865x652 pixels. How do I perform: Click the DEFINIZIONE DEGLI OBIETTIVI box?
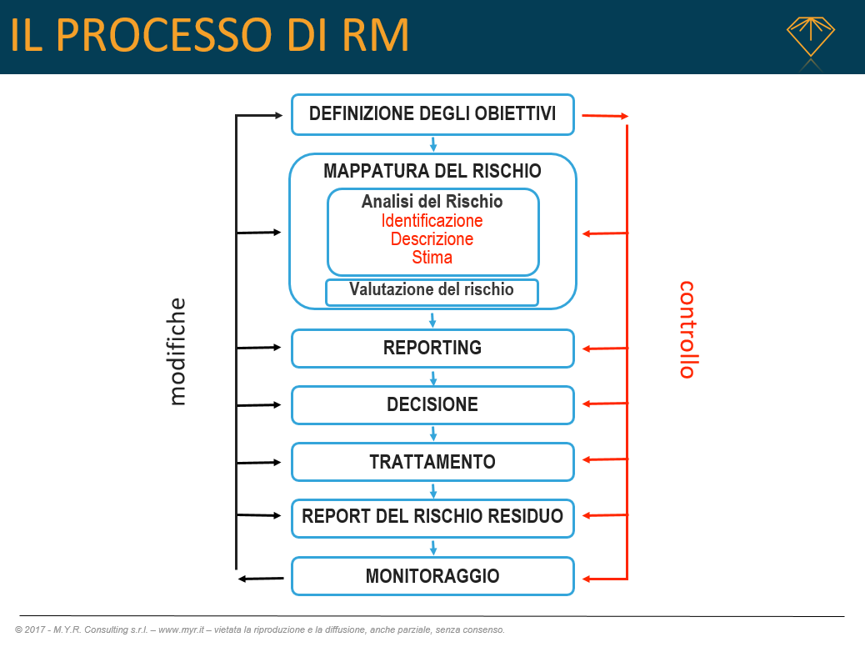coord(432,114)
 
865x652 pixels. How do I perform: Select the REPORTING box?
coord(432,349)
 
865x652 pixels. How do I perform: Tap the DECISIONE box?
coord(432,405)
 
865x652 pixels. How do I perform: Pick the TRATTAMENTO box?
coord(432,462)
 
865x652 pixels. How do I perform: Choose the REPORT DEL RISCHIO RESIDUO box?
coord(432,516)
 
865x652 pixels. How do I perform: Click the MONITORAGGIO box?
coord(432,576)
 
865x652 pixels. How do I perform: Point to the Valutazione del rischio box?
coord(432,291)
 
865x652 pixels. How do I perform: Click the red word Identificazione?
coord(432,221)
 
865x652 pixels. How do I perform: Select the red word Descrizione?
coord(432,239)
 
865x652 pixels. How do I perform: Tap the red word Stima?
coord(432,258)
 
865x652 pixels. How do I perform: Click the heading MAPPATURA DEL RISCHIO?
coord(432,172)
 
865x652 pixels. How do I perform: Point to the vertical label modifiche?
coord(177,351)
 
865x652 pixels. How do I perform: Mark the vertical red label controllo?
coord(687,329)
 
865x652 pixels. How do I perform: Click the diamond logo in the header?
coord(810,38)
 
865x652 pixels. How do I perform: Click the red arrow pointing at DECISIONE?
coord(604,404)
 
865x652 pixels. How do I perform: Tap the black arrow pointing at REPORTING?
coord(259,348)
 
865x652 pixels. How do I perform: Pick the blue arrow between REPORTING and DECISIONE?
coord(432,377)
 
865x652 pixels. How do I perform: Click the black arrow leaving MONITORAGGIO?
coord(258,578)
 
